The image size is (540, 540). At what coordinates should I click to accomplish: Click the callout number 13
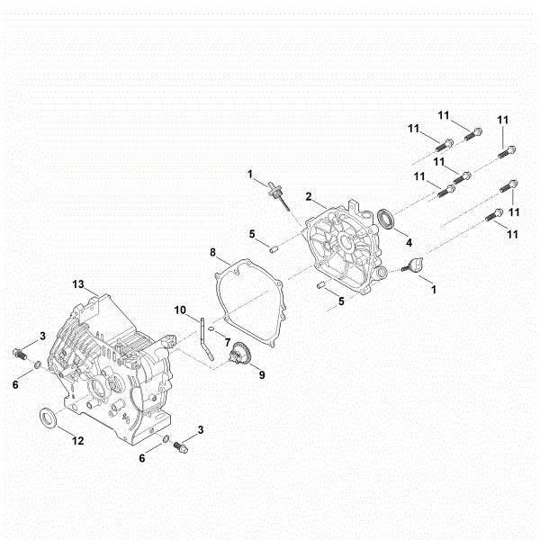(78, 285)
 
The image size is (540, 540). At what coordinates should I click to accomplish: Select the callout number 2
(309, 196)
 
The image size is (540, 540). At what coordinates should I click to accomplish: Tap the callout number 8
(212, 253)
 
